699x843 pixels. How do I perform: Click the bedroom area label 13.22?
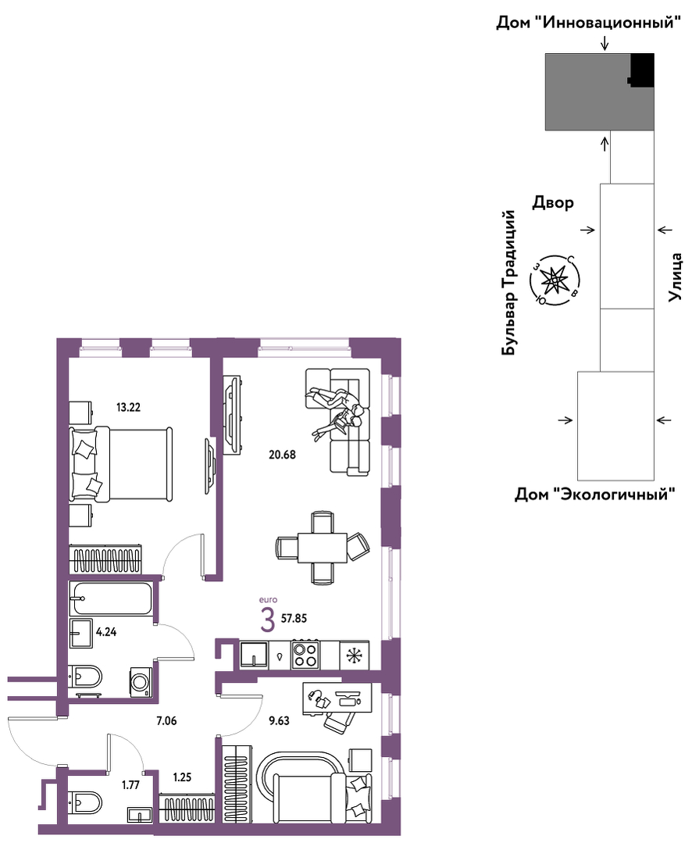[x=128, y=408]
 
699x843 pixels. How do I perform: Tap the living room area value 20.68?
[x=283, y=455]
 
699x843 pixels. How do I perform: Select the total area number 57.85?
[x=294, y=619]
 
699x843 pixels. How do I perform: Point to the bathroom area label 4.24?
[x=106, y=632]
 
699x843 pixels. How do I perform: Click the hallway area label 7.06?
[x=166, y=721]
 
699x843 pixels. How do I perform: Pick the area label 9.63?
[x=280, y=721]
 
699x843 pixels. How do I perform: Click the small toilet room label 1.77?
[x=130, y=785]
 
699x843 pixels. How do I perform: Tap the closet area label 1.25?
[x=182, y=777]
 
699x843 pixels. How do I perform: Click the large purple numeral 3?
[x=268, y=620]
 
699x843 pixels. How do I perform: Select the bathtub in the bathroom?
[x=112, y=598]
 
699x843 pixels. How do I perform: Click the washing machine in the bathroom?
[x=141, y=683]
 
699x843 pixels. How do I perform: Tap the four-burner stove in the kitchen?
[x=305, y=655]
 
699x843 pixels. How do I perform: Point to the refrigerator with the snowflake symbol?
[x=354, y=655]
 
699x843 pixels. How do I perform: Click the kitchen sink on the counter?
[x=254, y=655]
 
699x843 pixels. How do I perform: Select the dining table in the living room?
[x=323, y=548]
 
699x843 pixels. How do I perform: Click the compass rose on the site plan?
[x=554, y=280]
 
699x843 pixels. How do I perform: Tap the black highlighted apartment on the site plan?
[x=641, y=70]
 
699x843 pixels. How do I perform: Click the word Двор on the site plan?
[x=554, y=202]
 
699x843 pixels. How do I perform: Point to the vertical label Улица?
[x=676, y=277]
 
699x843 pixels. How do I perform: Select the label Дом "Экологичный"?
[x=595, y=494]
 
